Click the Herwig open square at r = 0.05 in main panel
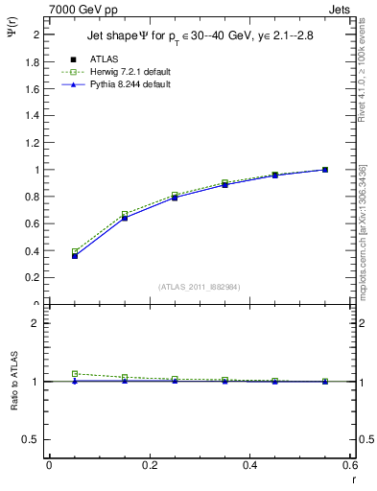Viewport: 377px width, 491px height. [74, 252]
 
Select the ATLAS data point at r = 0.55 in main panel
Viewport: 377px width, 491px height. [325, 170]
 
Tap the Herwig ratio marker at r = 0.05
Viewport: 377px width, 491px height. [74, 374]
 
